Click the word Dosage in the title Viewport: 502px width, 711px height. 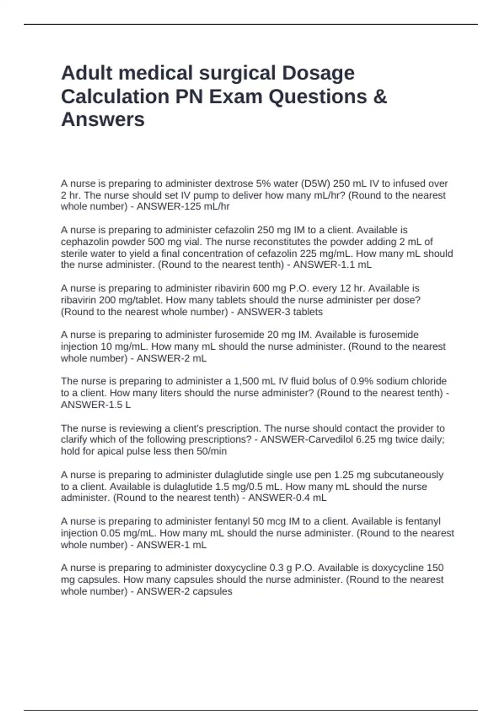(318, 74)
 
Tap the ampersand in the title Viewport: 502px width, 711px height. (379, 97)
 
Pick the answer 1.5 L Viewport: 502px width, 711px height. (119, 405)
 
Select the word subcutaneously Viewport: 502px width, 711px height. (408, 475)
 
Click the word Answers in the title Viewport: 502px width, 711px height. (103, 120)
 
